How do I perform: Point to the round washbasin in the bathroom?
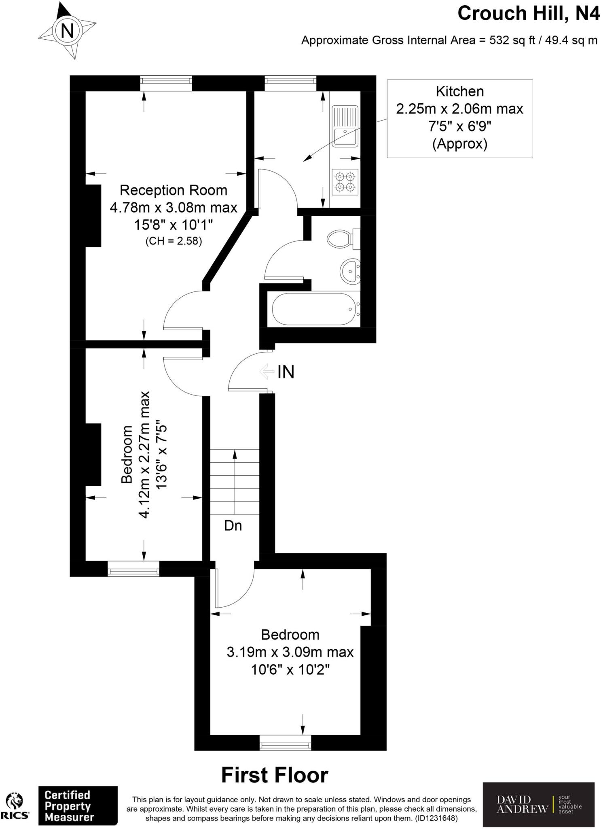[349, 271]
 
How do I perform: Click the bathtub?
[313, 309]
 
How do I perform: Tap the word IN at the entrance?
[286, 372]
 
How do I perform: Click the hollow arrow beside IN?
[267, 371]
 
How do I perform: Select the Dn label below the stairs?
[233, 525]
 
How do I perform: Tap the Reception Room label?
[173, 190]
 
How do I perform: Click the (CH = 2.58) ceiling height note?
[173, 241]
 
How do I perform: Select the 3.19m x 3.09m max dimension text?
[290, 652]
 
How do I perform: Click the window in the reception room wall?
[166, 83]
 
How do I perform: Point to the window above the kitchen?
[290, 83]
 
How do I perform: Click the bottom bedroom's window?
[285, 742]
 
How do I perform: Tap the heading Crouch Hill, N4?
[528, 13]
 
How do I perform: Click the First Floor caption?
[275, 775]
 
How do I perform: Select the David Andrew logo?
[538, 804]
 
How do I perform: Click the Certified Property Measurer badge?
[78, 806]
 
